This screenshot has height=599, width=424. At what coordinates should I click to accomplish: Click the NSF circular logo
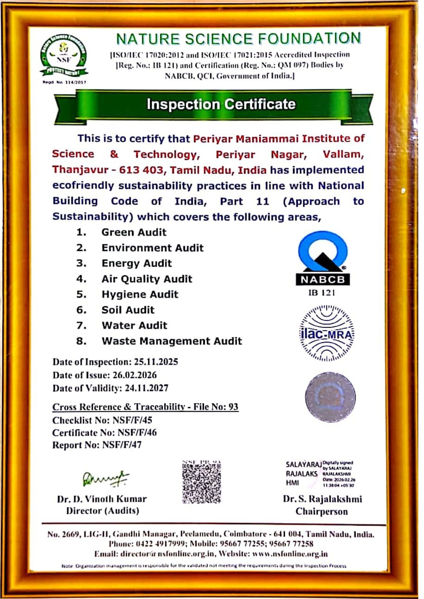point(64,57)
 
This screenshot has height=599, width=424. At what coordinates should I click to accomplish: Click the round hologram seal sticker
point(330,397)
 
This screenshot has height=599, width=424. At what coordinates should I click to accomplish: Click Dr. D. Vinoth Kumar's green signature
point(106,478)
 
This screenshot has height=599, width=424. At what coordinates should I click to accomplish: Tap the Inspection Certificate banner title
point(221,104)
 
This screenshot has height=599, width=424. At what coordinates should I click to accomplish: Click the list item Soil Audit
point(128,310)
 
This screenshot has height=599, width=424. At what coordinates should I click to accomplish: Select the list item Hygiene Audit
point(140,294)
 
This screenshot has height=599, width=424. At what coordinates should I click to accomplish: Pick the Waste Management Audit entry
point(172,341)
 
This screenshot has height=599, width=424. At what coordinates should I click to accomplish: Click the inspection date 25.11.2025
point(156,362)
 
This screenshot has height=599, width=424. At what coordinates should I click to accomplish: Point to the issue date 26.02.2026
point(135,375)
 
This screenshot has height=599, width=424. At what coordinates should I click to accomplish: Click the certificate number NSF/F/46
point(137,432)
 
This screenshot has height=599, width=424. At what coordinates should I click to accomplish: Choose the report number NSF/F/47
point(122,445)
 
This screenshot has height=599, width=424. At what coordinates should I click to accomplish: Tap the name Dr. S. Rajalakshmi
point(322,499)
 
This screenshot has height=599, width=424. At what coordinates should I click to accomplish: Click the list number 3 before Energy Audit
point(81,263)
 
